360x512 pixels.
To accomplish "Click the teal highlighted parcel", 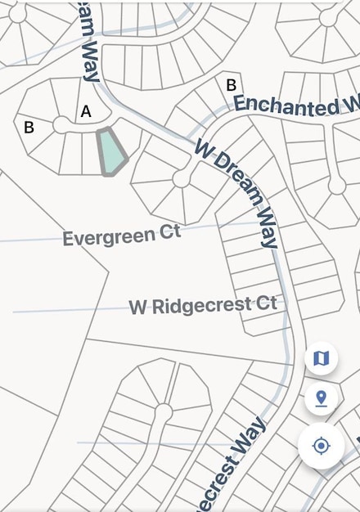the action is [111, 151].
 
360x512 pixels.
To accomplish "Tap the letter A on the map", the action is [86, 111].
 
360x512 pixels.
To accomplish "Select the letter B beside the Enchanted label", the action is [231, 84].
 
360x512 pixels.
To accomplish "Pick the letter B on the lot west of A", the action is [29, 127].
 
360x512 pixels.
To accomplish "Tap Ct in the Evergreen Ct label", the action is [170, 232].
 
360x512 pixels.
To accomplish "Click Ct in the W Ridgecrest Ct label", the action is [266, 303].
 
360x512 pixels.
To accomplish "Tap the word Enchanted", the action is [285, 104].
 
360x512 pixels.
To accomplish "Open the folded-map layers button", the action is [321, 357].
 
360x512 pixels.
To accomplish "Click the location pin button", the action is [321, 399].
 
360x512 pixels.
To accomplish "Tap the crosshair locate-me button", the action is [321, 446].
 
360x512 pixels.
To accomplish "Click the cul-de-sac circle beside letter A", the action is [61, 124].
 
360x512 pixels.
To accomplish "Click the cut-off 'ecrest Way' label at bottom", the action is [230, 465].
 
